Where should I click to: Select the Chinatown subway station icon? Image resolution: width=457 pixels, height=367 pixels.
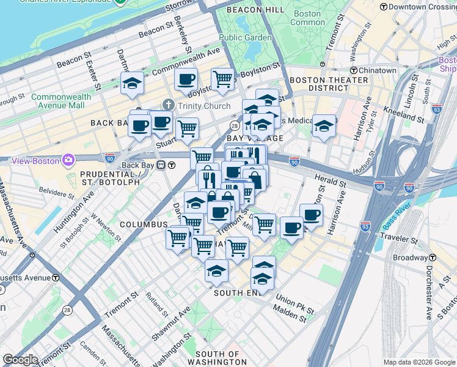tap(362, 71)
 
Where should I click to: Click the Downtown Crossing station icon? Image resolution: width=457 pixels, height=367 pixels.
tap(383, 7)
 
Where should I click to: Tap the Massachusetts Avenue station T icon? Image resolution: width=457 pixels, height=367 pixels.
tap(56, 278)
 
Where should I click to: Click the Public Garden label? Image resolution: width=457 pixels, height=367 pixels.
tap(245, 37)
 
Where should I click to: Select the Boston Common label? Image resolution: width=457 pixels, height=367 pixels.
tap(307, 18)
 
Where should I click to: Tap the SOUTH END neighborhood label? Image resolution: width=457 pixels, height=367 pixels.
tap(237, 293)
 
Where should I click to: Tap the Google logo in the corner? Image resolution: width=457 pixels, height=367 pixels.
tap(20, 360)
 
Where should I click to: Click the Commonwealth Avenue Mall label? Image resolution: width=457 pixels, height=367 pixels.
tap(61, 101)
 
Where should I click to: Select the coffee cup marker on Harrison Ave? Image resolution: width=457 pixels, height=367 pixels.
tap(311, 215)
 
